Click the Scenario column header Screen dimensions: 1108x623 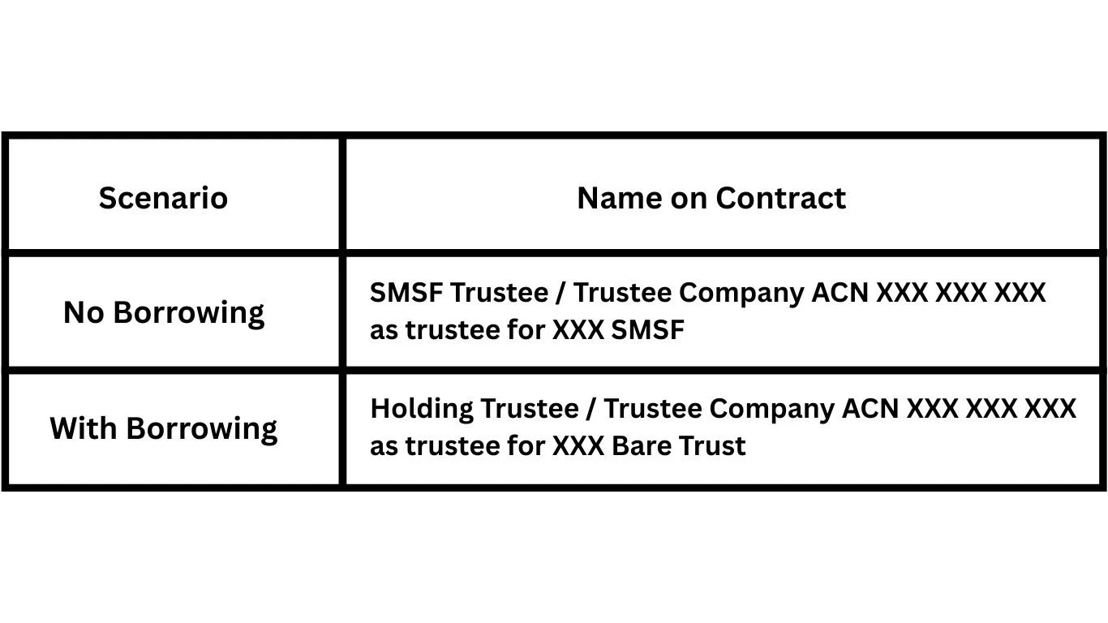[163, 198]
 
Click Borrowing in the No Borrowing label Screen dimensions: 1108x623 [188, 313]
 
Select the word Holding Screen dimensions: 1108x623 [421, 408]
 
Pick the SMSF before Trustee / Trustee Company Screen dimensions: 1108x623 [406, 292]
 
